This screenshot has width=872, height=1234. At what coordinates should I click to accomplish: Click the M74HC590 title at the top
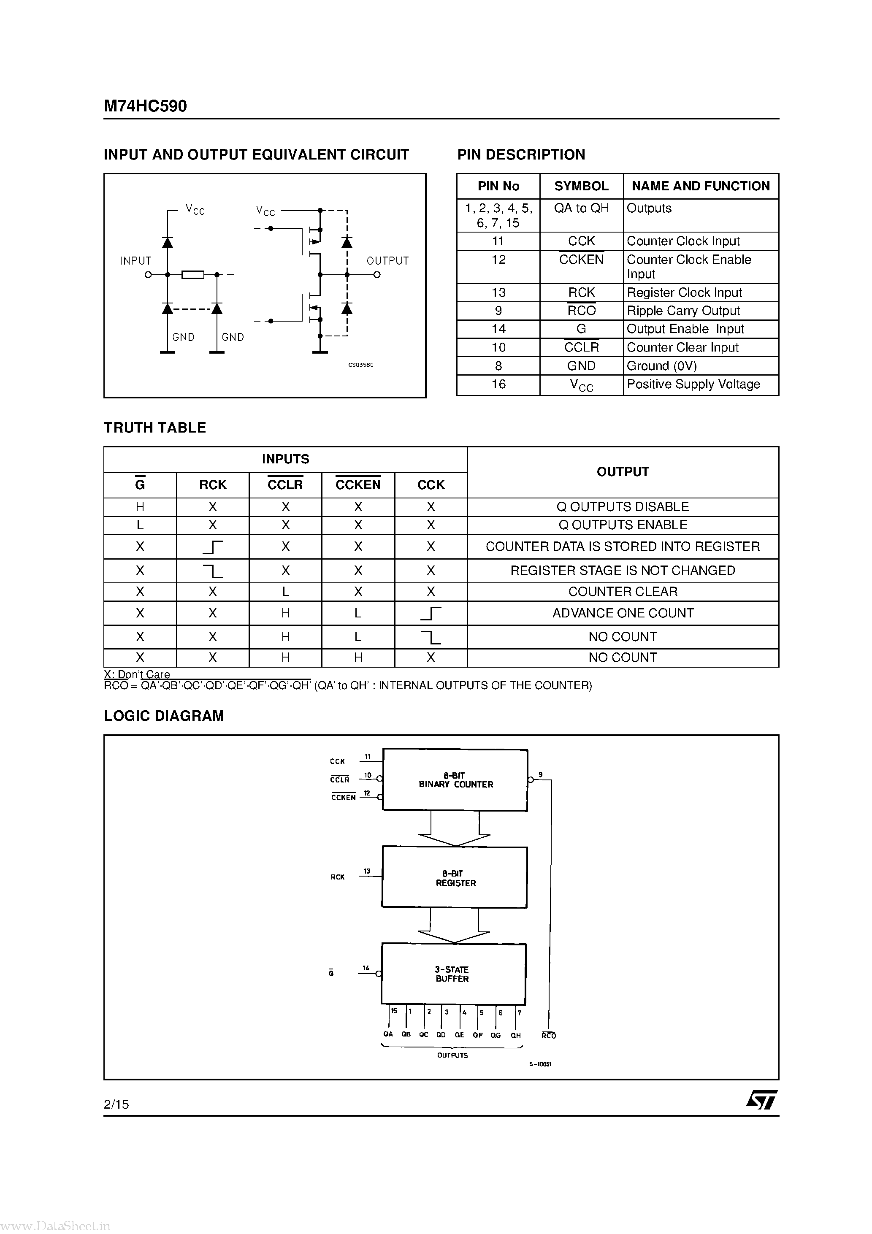[145, 106]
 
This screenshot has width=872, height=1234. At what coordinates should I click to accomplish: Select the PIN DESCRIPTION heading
[521, 155]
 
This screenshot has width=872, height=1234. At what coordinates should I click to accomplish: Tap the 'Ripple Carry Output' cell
[683, 311]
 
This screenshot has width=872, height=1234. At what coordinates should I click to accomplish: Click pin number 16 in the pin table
[498, 384]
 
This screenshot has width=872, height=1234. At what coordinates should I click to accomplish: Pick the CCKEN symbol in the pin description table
[581, 260]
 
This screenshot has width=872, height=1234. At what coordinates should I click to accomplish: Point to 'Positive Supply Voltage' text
[693, 384]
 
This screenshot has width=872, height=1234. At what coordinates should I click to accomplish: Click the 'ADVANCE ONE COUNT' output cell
[623, 613]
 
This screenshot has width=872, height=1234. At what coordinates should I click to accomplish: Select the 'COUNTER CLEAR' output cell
[623, 592]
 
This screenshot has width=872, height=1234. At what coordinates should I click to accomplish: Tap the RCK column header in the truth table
[213, 485]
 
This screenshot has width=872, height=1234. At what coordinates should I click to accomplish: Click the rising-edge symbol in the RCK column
[213, 547]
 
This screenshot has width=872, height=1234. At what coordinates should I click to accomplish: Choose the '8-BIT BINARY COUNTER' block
[455, 780]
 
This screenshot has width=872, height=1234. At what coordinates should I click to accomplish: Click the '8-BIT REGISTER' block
[455, 878]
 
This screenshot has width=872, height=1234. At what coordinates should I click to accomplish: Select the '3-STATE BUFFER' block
[453, 974]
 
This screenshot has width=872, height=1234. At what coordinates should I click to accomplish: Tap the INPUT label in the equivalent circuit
[135, 261]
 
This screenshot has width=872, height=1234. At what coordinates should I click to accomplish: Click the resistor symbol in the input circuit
[192, 275]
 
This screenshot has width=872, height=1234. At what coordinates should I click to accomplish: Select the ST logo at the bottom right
[761, 1100]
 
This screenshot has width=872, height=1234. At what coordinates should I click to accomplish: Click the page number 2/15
[116, 1104]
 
